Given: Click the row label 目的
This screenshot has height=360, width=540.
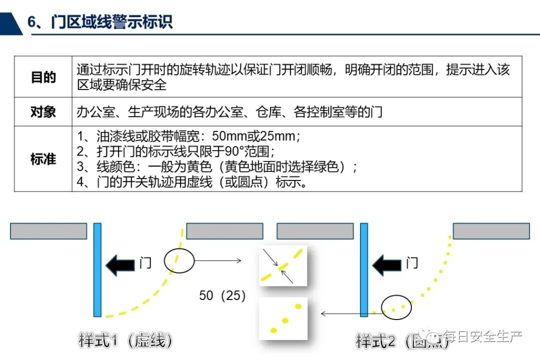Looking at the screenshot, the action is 43,77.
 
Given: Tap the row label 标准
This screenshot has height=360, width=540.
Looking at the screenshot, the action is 43,159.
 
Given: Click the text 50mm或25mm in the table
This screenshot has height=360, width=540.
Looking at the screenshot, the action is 255,136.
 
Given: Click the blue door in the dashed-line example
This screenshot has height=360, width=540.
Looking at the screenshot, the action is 97,269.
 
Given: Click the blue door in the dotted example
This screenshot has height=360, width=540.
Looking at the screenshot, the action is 364,269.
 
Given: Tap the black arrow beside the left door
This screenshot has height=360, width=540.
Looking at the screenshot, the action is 120,264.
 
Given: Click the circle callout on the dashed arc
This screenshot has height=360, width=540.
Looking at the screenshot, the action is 178,260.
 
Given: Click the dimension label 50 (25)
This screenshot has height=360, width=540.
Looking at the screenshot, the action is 222,295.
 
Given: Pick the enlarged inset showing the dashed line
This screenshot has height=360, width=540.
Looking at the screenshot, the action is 282,266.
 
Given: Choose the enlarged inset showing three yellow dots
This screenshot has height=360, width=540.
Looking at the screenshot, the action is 282,318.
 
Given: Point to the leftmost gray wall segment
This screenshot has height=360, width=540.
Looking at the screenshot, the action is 48,231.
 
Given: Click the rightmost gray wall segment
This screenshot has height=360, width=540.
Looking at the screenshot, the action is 491,231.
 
